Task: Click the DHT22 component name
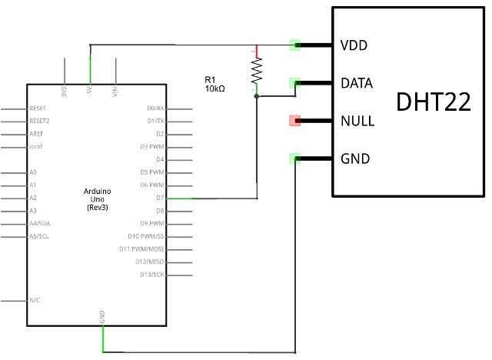(x=434, y=102)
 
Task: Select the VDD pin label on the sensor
(x=354, y=45)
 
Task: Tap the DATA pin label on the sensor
(x=357, y=83)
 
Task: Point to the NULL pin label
(x=357, y=121)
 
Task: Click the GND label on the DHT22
(x=354, y=159)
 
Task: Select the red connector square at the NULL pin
(x=294, y=121)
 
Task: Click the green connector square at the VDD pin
(x=294, y=45)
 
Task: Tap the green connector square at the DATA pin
(x=294, y=83)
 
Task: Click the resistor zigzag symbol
(x=256, y=72)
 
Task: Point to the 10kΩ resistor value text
(x=214, y=89)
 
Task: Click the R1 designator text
(x=210, y=79)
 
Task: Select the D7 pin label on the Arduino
(x=159, y=198)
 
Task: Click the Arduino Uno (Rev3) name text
(x=97, y=198)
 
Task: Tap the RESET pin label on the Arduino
(x=38, y=108)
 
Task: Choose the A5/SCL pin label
(x=41, y=235)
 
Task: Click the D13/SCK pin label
(x=151, y=274)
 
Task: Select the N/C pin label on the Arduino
(x=34, y=299)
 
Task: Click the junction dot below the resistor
(x=256, y=97)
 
